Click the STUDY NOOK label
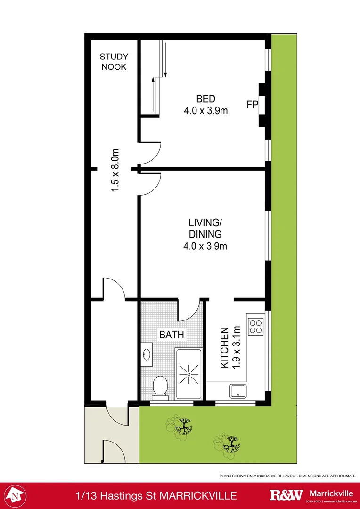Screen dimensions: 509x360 click(x=114, y=62)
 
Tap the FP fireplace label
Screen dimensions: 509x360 click(x=252, y=105)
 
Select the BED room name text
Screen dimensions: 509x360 click(x=205, y=99)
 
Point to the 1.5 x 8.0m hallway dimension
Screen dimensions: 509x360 click(x=115, y=170)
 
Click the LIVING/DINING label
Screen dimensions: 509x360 click(x=205, y=228)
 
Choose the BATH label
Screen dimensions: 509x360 click(x=172, y=335)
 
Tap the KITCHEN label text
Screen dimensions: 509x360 click(x=224, y=348)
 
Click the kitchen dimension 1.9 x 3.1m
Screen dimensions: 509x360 click(x=237, y=348)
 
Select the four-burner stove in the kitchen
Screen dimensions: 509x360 click(x=256, y=327)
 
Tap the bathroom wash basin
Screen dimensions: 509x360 click(x=147, y=354)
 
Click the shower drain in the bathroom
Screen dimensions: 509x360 click(x=188, y=374)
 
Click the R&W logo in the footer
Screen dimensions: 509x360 click(x=286, y=495)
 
